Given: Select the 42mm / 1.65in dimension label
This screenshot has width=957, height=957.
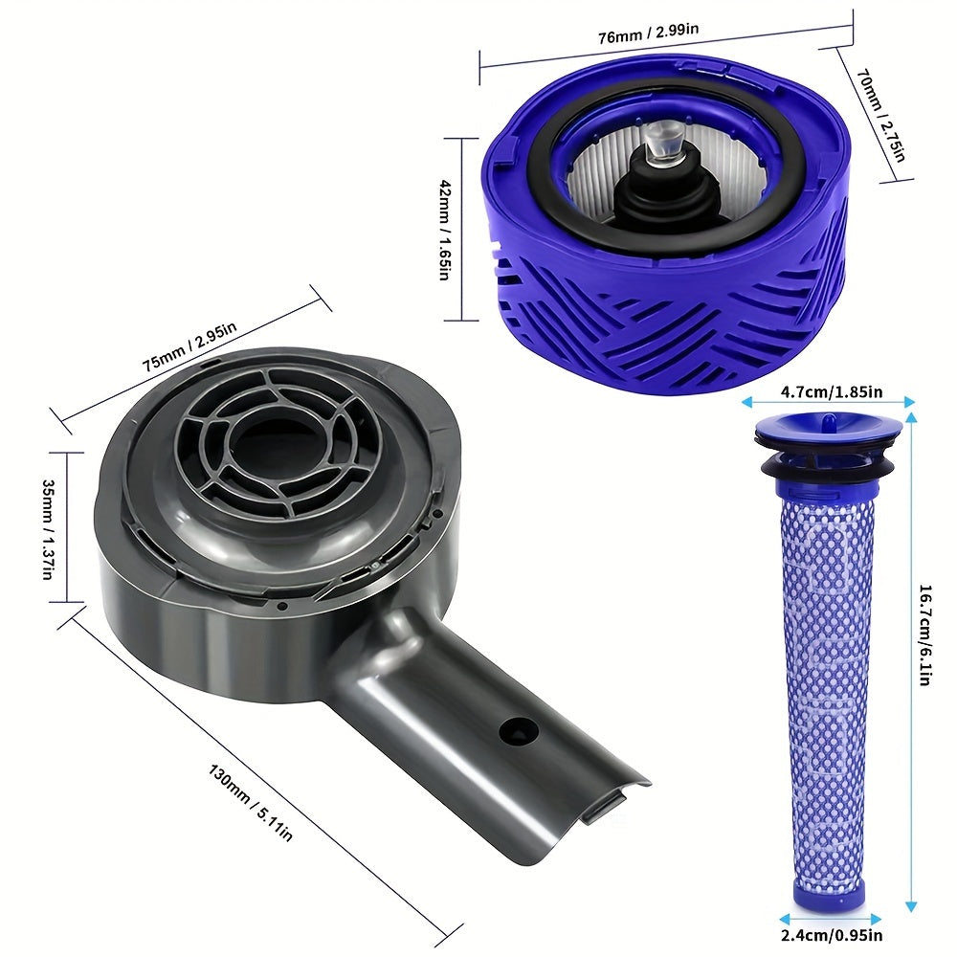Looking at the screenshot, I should point(442,230).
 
